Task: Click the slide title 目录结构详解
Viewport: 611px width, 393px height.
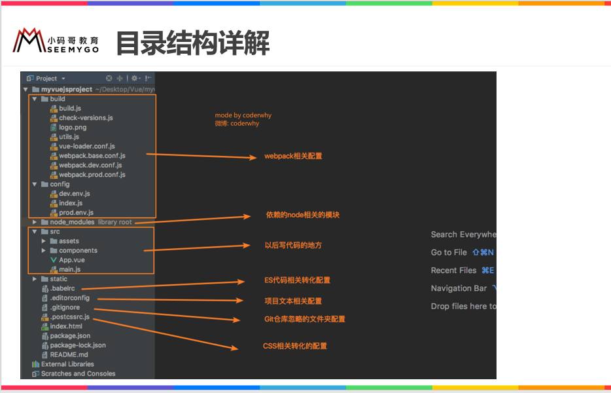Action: [x=192, y=43]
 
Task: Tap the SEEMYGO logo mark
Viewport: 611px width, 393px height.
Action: [x=28, y=41]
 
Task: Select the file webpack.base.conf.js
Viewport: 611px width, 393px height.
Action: [x=92, y=156]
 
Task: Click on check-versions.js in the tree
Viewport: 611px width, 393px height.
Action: [x=86, y=118]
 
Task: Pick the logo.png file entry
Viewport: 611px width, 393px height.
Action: [x=72, y=127]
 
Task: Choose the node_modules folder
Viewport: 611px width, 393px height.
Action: [x=72, y=222]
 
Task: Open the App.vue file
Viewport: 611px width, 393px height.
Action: [x=71, y=260]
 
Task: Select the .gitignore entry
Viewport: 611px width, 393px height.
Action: [x=65, y=307]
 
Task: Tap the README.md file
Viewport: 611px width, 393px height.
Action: [x=69, y=354]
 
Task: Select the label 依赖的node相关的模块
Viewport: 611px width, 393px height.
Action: [x=302, y=215]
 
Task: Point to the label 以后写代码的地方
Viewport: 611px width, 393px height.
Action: [x=293, y=245]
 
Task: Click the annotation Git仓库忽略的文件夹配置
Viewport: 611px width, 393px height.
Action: [x=304, y=319]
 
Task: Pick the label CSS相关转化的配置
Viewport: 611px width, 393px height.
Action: [x=295, y=346]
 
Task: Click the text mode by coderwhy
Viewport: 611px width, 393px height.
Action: [x=243, y=115]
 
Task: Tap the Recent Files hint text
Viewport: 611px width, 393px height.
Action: [x=453, y=270]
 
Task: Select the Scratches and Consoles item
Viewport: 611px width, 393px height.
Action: [x=78, y=373]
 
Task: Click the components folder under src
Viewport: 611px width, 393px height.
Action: [x=78, y=250]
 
